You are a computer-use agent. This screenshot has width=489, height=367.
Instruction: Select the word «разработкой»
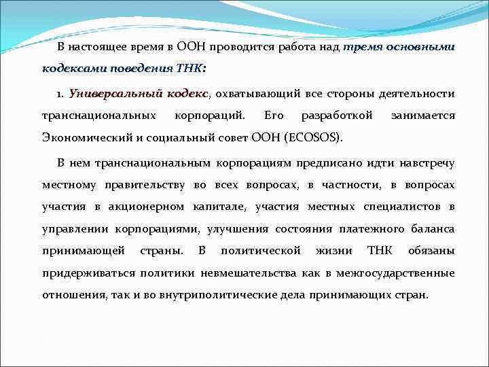337,116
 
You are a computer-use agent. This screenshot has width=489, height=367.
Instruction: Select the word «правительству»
142,185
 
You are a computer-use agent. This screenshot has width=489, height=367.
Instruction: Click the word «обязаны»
431,251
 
